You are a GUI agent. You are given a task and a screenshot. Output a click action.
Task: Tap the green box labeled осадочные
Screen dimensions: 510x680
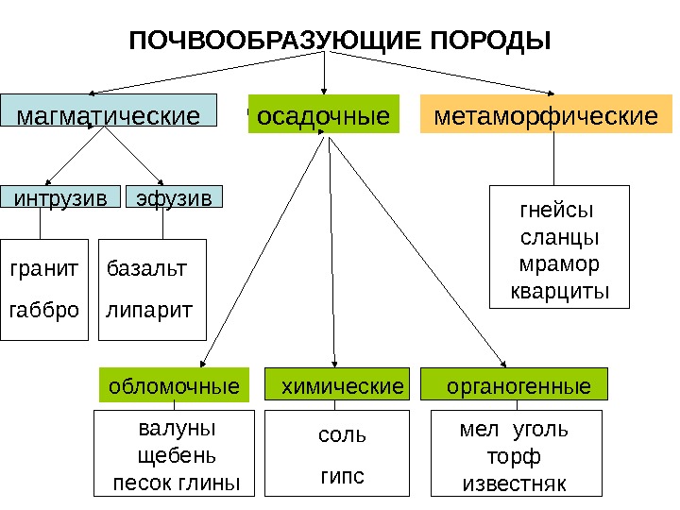[324, 115]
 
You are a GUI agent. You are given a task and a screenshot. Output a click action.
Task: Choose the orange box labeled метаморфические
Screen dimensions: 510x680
[545, 115]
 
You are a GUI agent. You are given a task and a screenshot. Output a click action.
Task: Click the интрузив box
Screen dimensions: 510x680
[59, 196]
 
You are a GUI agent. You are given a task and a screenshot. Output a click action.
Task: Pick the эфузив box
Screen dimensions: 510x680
[175, 196]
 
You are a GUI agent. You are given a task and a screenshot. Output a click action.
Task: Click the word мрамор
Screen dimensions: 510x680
[560, 262]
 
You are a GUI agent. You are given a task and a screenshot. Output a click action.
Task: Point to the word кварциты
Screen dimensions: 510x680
[560, 288]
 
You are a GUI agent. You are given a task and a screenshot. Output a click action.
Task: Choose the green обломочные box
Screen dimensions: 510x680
[174, 386]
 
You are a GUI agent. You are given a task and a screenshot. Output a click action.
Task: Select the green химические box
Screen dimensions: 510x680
[336, 386]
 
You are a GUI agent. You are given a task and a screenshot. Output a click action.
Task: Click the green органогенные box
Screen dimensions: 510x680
[516, 386]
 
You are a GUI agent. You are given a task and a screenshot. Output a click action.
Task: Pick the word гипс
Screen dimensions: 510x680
[342, 475]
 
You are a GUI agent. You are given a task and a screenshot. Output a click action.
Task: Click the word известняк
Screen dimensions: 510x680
[514, 484]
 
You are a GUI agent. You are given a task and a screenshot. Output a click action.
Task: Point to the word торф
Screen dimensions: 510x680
[514, 458]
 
